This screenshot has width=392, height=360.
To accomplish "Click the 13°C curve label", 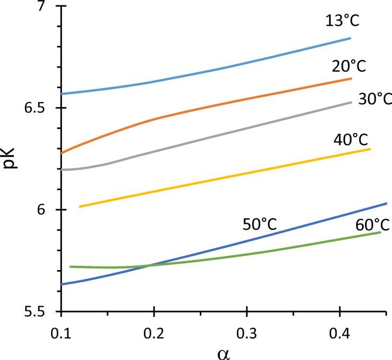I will pyautogui.click(x=342, y=21).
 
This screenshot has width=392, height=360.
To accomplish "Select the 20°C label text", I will pyautogui.click(x=348, y=67).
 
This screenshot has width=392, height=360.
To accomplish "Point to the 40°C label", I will pyautogui.click(x=351, y=140).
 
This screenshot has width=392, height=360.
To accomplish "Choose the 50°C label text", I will pyautogui.click(x=260, y=224).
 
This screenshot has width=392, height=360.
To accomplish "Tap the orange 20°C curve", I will pyautogui.click(x=215, y=106).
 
